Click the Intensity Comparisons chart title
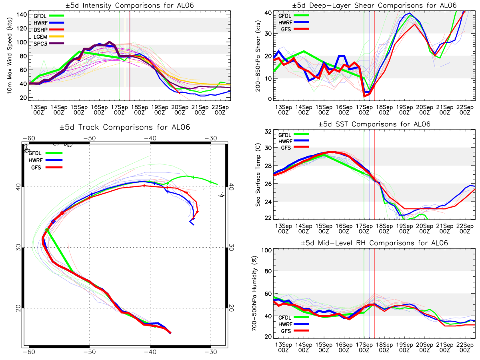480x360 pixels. [x=130, y=5]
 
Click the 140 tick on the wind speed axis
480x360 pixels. [x=22, y=15]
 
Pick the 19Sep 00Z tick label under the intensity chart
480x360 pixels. [x=160, y=110]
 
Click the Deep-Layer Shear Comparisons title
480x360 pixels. [x=374, y=5]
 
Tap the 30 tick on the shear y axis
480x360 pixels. [x=268, y=34]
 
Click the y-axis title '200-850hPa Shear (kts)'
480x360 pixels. [x=258, y=56]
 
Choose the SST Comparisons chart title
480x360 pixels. [x=374, y=124]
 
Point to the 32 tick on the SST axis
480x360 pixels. [x=268, y=132]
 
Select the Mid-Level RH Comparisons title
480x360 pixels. [x=374, y=243]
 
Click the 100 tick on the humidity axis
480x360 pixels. [x=266, y=250]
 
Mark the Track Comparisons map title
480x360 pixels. [x=125, y=127]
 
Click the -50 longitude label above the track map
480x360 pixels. [x=90, y=138]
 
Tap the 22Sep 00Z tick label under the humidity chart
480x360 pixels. [x=465, y=347]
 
